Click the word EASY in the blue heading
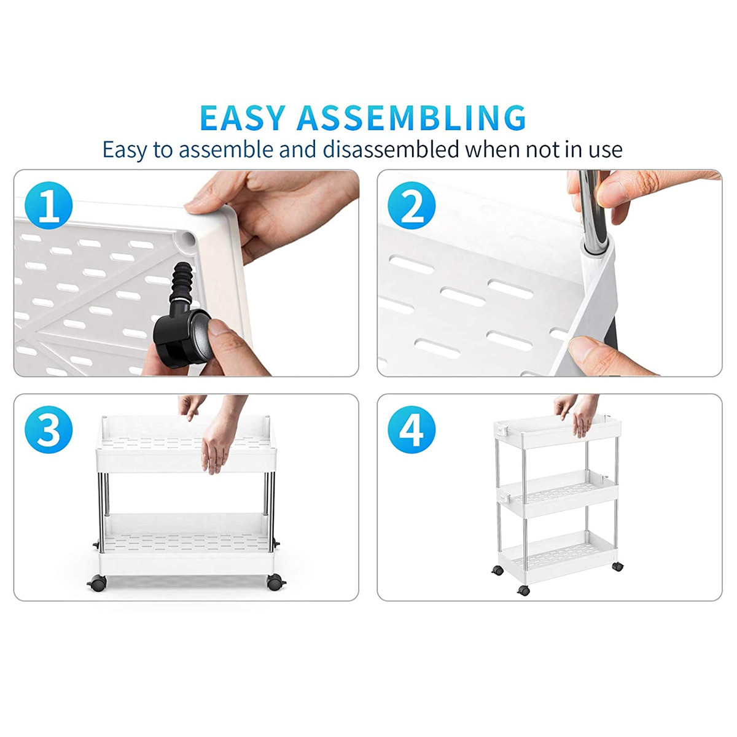pos(243,118)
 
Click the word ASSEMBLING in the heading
pos(411,118)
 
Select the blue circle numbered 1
pos(49,205)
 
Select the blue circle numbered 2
pos(411,205)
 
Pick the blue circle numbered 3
pos(49,429)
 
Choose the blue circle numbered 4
pos(411,429)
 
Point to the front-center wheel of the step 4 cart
pos(524,590)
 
